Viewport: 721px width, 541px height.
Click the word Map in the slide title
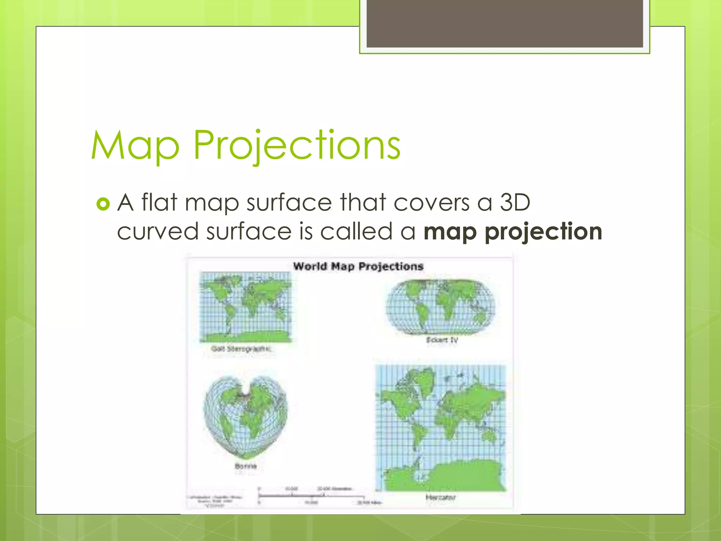[135, 145]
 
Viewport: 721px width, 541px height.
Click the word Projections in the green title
[297, 145]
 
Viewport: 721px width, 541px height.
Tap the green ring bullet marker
[103, 204]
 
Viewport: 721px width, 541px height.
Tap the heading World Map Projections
[358, 266]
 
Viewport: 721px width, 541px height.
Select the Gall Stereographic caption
[242, 349]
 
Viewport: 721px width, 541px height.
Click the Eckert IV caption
[442, 340]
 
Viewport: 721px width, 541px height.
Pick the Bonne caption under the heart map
[246, 466]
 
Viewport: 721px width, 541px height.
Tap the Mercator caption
[440, 497]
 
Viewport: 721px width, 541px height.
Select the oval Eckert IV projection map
[440, 306]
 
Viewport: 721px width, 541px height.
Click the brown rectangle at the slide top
[504, 23]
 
